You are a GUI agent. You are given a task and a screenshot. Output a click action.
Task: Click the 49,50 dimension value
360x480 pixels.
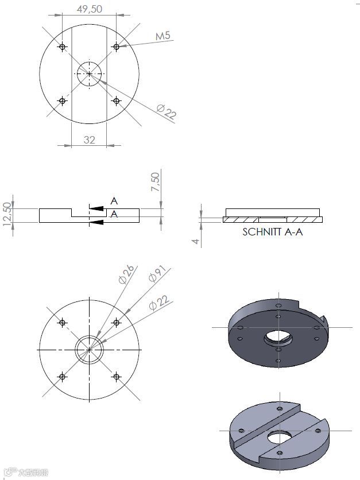pyautogui.click(x=90, y=9)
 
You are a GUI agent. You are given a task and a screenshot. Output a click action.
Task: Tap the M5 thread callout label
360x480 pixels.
pyautogui.click(x=162, y=36)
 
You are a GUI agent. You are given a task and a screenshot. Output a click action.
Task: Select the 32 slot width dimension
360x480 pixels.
pyautogui.click(x=89, y=140)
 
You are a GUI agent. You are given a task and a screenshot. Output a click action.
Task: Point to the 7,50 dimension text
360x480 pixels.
pyautogui.click(x=156, y=182)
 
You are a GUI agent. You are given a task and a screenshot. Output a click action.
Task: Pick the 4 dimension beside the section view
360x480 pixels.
pyautogui.click(x=196, y=242)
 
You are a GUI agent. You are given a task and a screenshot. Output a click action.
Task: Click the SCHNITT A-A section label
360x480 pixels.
pyautogui.click(x=273, y=232)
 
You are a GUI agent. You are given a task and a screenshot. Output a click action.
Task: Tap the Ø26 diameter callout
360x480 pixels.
pyautogui.click(x=126, y=274)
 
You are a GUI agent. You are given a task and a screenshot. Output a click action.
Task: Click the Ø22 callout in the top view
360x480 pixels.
pyautogui.click(x=167, y=111)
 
